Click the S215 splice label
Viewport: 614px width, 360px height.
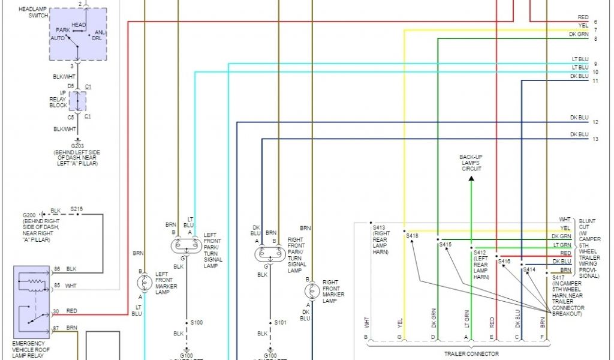(77, 209)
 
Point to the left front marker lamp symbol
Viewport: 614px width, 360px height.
(144, 283)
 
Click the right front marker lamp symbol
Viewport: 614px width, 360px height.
(311, 291)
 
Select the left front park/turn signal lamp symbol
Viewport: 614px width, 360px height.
(185, 245)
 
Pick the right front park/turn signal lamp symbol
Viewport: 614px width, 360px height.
(269, 254)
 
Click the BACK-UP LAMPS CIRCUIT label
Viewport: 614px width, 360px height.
(471, 163)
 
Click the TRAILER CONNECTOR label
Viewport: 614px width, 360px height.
(471, 354)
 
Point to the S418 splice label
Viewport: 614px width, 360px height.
(412, 236)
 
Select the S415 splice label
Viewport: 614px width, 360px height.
(445, 244)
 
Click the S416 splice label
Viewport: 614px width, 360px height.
(504, 262)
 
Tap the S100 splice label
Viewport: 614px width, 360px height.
(196, 323)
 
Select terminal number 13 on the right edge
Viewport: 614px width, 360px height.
(595, 139)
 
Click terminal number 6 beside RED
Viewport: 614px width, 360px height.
(595, 22)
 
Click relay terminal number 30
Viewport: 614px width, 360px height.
(56, 311)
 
